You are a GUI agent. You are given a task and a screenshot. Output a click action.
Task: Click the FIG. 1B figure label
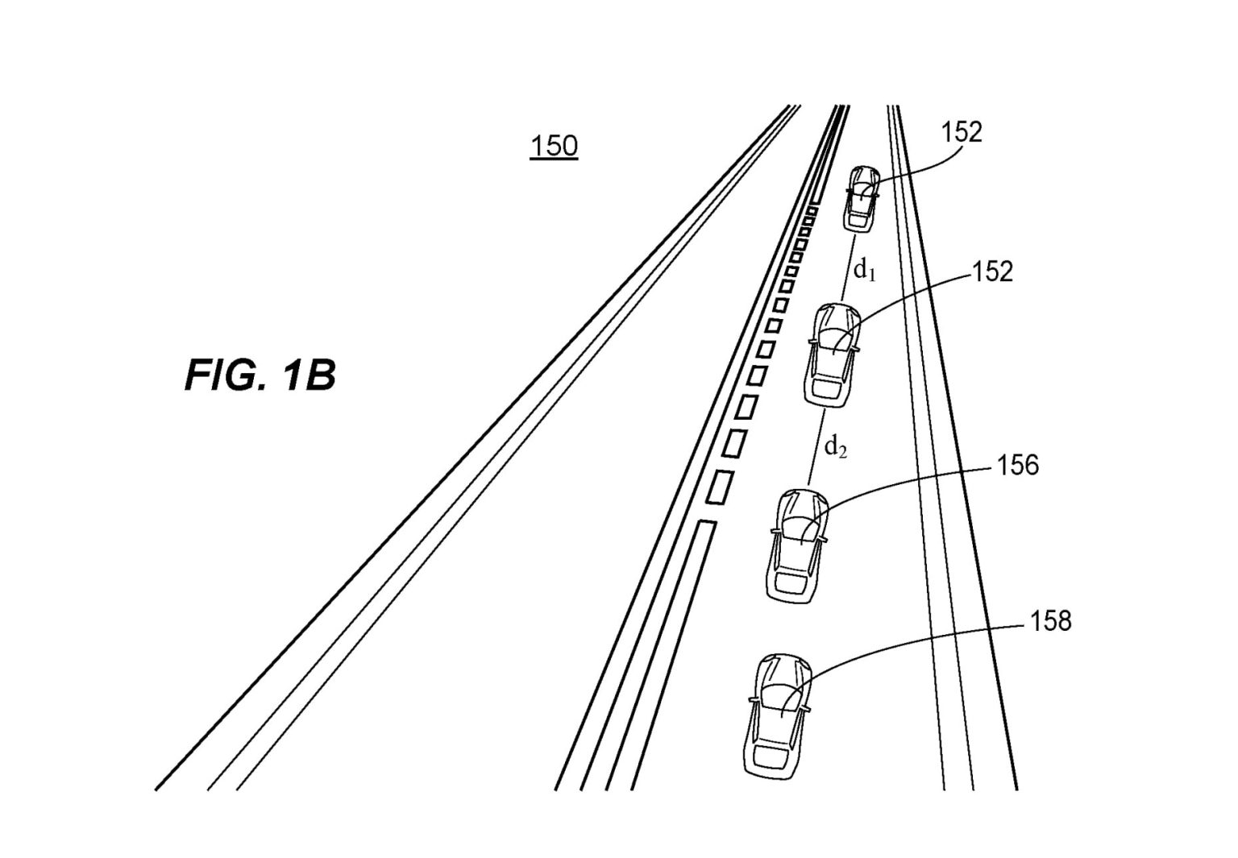pyautogui.click(x=260, y=375)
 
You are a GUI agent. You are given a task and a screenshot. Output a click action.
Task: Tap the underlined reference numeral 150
pyautogui.click(x=554, y=147)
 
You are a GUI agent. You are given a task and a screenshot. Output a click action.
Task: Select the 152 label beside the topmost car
pyautogui.click(x=962, y=133)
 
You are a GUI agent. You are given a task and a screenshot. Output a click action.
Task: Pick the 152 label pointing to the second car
pyautogui.click(x=992, y=272)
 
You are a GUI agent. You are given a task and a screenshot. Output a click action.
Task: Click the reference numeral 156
pyautogui.click(x=1017, y=466)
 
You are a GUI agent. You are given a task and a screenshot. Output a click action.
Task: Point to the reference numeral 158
pyautogui.click(x=1051, y=621)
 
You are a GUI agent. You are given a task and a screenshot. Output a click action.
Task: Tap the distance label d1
pyautogui.click(x=865, y=271)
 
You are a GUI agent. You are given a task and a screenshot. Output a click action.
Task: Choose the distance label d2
pyautogui.click(x=836, y=446)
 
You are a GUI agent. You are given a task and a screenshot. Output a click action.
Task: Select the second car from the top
pyautogui.click(x=833, y=354)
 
